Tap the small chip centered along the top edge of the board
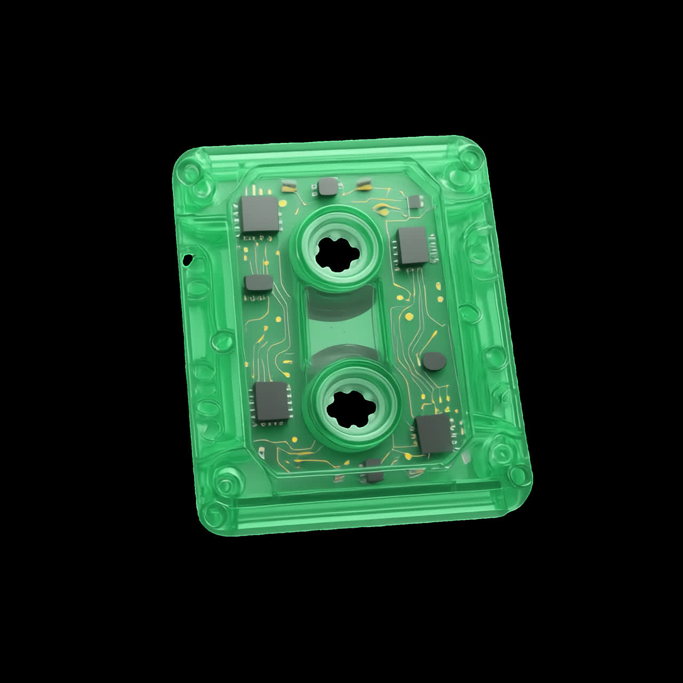click(327, 186)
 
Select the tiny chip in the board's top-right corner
click(415, 202)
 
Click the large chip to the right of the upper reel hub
click(412, 246)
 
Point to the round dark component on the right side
click(434, 362)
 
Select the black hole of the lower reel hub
click(352, 410)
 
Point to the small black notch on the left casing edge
click(187, 260)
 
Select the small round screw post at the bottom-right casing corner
click(516, 473)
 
